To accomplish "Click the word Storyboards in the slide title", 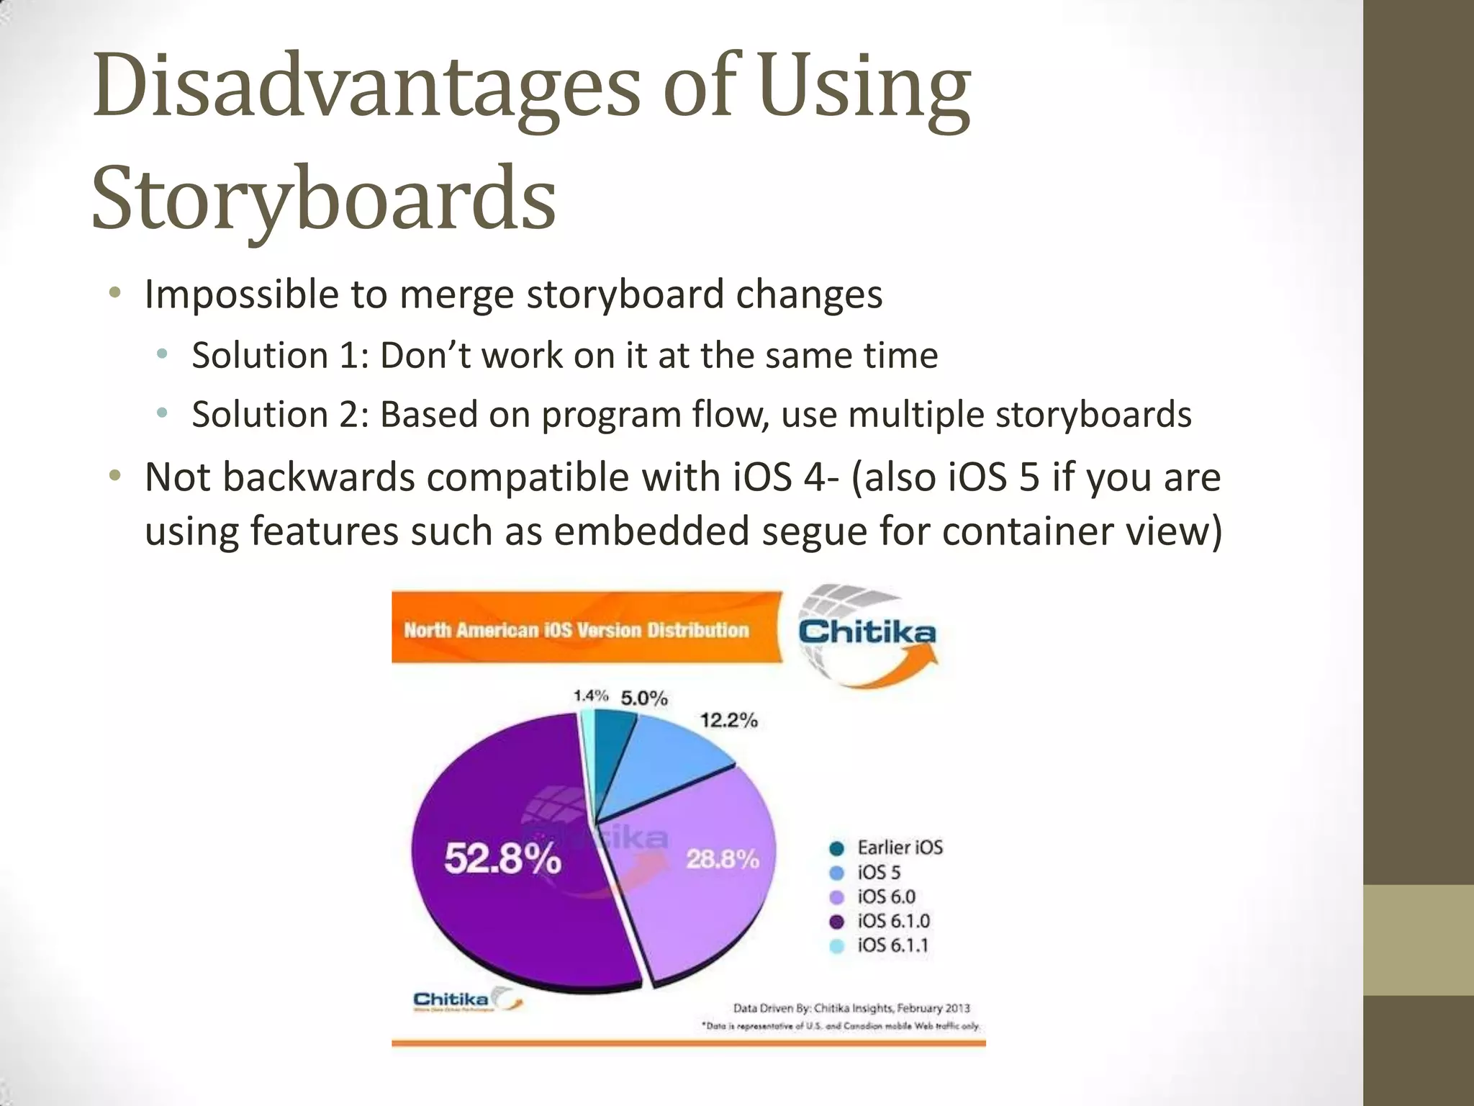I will (324, 197).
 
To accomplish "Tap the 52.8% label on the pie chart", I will (502, 858).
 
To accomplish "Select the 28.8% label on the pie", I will (722, 859).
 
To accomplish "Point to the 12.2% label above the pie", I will (728, 720).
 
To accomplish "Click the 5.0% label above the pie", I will (644, 698).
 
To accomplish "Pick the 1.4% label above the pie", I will (591, 696).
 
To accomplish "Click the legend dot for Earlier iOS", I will (836, 848).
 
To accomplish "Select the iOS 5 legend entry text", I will (879, 873).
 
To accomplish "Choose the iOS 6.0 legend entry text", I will (886, 897).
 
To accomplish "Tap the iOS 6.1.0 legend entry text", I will (893, 921).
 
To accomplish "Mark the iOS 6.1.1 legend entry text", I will (892, 945).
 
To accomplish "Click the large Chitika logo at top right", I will (867, 634).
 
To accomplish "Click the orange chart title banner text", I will (577, 631).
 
